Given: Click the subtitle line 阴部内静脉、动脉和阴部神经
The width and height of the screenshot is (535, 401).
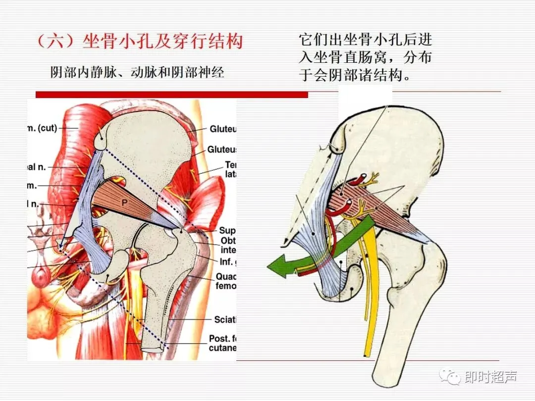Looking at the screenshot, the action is pos(137,72).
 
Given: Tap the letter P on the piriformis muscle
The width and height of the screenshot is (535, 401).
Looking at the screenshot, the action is pos(125,202).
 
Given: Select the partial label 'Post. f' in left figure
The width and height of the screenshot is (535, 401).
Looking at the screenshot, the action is pos(222,339).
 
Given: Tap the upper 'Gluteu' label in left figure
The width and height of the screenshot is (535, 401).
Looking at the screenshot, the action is pos(223,129).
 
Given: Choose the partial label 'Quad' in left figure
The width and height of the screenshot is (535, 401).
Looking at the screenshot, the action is pos(226,277).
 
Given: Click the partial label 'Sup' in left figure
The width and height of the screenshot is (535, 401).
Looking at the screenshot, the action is pos(227,231).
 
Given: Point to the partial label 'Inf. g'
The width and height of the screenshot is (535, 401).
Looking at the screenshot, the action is pos(225,261).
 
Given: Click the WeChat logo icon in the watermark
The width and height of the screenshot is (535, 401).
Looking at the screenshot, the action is pos(452,378).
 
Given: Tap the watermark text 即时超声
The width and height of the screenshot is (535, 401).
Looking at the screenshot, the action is pos(490,377).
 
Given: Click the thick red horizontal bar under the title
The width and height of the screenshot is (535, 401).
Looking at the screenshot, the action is pos(171,94).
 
